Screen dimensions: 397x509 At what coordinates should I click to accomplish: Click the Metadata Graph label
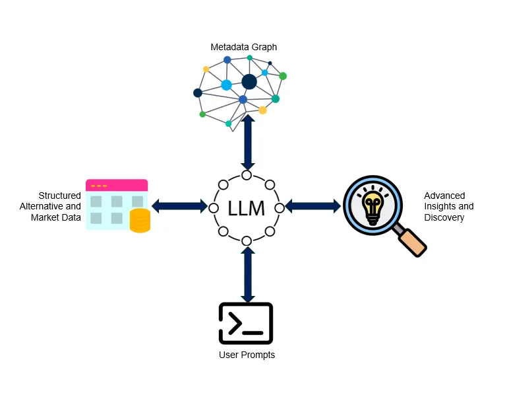tap(243, 47)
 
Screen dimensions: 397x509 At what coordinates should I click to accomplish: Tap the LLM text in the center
tap(246, 209)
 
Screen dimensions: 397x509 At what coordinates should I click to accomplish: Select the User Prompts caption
tap(247, 355)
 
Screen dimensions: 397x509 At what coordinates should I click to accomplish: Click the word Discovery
tap(444, 217)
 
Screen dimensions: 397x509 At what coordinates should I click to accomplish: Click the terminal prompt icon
tap(245, 323)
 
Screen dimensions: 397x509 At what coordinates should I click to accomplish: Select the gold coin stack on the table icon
tap(140, 221)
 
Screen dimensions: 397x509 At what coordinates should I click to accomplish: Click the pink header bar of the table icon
tap(117, 186)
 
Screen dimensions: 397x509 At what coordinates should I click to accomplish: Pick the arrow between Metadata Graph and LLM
tap(247, 143)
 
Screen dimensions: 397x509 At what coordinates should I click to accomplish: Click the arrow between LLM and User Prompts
tap(247, 274)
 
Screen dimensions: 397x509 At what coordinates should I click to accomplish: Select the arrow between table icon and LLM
tap(179, 206)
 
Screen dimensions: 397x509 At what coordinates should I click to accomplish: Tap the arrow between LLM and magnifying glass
tap(313, 206)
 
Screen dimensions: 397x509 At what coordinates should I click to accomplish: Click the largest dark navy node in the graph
tap(249, 82)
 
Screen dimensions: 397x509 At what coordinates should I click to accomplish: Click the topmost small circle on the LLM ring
tap(247, 175)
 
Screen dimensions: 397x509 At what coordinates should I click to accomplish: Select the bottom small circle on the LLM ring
tap(247, 240)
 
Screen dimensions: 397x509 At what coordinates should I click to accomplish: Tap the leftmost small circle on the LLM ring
tap(213, 207)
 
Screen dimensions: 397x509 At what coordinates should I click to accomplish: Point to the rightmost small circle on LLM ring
tap(280, 207)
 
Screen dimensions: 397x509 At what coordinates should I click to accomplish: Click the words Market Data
tap(56, 217)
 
